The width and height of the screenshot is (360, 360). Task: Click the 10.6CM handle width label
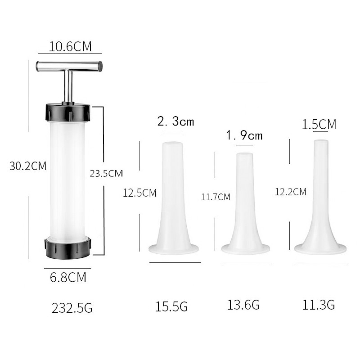[x=70, y=46]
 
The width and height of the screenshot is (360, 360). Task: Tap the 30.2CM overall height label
[x=28, y=166]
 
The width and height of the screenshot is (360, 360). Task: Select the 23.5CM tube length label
[x=106, y=173]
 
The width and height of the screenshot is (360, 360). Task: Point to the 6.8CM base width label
[x=68, y=277]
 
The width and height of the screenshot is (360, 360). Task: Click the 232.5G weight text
[x=72, y=308]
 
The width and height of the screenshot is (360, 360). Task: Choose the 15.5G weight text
[x=171, y=306]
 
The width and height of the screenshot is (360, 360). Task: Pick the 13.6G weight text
[x=243, y=305]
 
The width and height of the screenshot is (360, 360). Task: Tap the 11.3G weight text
[x=319, y=305]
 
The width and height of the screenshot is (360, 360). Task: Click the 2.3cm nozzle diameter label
[x=175, y=121]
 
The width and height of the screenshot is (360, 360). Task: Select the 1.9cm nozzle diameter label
[x=244, y=135]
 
